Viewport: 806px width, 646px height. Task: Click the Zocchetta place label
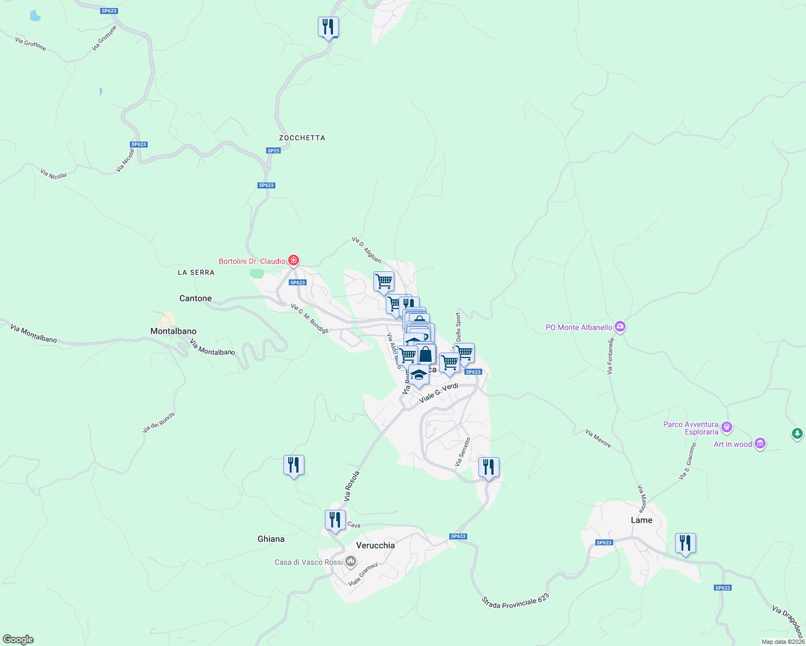[302, 138]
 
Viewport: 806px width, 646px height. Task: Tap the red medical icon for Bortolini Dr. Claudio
[294, 261]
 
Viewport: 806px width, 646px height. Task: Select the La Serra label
[196, 272]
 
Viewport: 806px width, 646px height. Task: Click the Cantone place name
[196, 298]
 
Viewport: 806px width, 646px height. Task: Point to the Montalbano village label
[173, 331]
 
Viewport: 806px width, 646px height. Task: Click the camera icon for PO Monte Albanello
[620, 327]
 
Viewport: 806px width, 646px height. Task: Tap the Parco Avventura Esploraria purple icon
[727, 427]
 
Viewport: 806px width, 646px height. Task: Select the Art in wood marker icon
[760, 444]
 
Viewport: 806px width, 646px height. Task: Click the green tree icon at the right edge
[797, 433]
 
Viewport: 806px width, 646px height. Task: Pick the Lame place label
[641, 520]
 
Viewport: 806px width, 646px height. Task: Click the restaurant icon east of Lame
[685, 543]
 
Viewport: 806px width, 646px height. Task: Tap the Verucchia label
[376, 545]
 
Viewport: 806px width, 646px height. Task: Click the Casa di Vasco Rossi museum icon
[351, 562]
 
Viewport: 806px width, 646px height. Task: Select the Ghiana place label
[271, 539]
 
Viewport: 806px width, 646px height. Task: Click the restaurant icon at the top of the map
[328, 27]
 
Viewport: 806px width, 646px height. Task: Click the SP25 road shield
[274, 151]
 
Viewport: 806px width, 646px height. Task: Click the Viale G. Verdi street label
[439, 393]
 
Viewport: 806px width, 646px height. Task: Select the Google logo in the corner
[18, 640]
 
